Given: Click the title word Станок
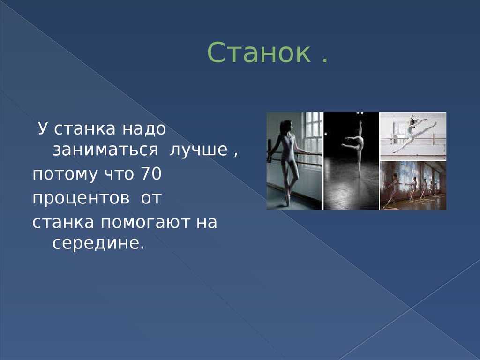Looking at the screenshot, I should click(259, 53).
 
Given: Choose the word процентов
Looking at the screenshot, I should click(81, 198).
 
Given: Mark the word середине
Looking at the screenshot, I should click(96, 244).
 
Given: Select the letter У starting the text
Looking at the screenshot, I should click(42, 129).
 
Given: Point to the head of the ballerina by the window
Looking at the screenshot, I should click(285, 127).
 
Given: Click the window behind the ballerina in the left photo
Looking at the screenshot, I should click(313, 136).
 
